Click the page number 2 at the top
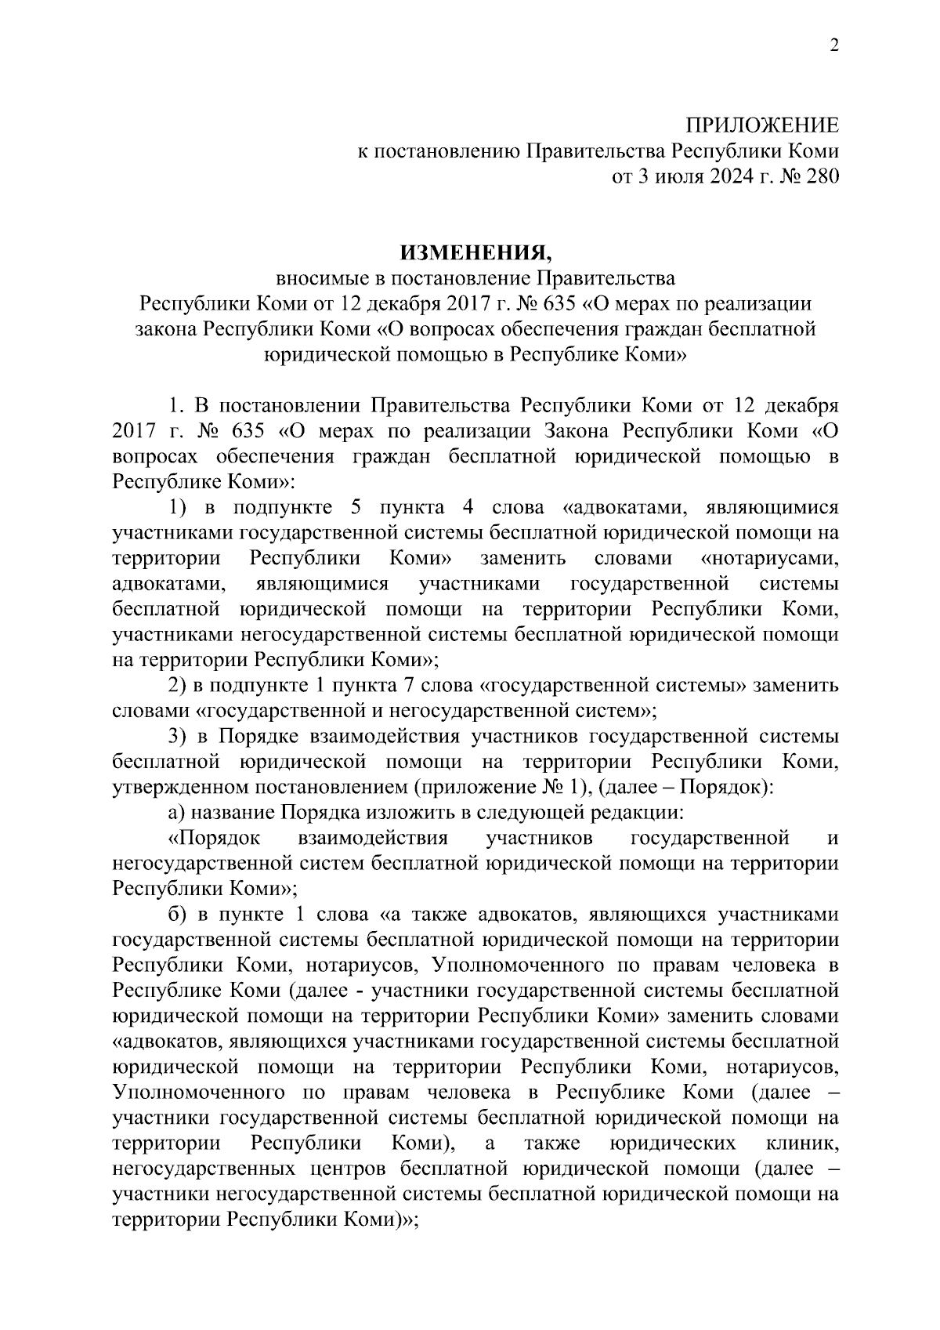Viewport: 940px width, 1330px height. click(834, 46)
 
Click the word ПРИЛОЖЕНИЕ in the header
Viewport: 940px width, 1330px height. click(762, 126)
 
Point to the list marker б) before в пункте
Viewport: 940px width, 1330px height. click(177, 914)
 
